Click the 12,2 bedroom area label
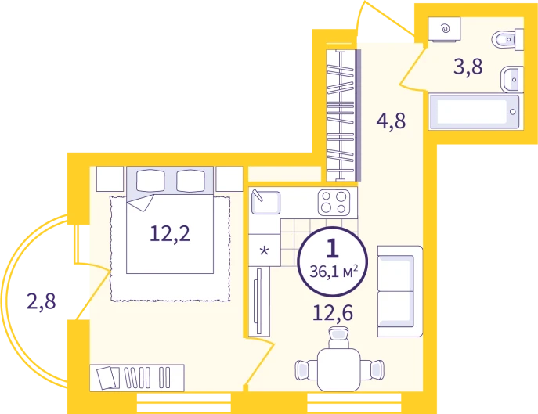(170, 234)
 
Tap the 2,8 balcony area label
(42, 301)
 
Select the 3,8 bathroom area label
(468, 67)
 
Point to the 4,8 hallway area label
(391, 121)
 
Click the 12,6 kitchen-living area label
(333, 313)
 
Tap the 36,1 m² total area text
(334, 272)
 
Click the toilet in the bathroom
(507, 40)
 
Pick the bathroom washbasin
(512, 80)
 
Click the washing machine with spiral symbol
(444, 29)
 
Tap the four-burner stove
(334, 203)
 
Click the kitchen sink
(265, 202)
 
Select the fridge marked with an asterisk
(264, 250)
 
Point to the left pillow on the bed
(150, 181)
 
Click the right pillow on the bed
(190, 181)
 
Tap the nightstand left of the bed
(110, 178)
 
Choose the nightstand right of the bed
(229, 178)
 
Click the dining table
(338, 369)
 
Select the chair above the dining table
(338, 337)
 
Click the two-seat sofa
(399, 291)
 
